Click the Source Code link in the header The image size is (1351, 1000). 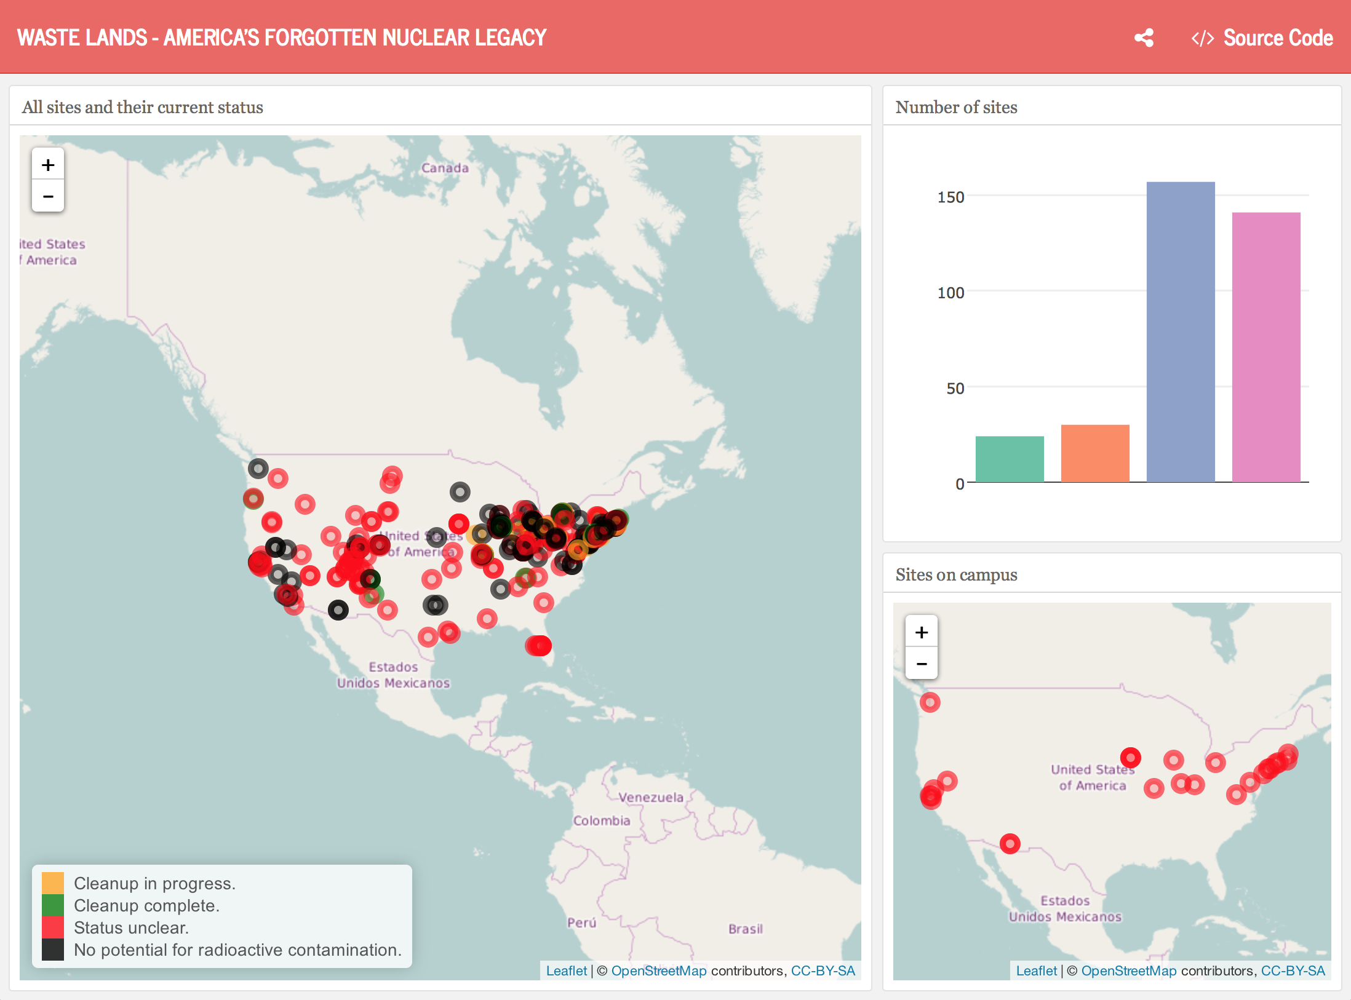1262,38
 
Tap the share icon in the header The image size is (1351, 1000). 1144,38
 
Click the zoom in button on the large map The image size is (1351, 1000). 48,165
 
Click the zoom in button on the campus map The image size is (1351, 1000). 921,632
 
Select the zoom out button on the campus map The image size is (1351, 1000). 921,664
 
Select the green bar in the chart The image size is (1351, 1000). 1009,459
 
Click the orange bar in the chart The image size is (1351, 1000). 1094,453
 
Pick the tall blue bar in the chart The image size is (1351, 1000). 1180,332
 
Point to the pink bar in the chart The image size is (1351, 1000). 1265,347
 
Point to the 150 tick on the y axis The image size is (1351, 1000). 950,197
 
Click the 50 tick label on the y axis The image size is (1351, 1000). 955,389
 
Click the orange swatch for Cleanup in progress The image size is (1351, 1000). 53,883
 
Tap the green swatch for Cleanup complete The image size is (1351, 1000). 53,905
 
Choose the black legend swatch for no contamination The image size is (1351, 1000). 53,950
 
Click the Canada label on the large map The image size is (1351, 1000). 445,168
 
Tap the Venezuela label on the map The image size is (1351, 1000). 651,798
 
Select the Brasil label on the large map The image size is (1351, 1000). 745,929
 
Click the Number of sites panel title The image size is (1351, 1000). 956,108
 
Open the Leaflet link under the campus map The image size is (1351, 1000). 1036,970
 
